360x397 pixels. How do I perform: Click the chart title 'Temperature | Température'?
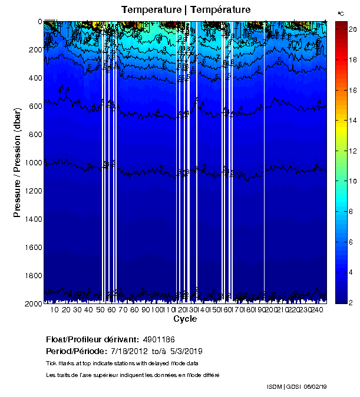coord(186,9)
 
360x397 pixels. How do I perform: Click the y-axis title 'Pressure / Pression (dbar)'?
coord(18,162)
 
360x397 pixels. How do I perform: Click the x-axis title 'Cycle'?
coord(185,319)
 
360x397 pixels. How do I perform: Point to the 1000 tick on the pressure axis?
coord(33,162)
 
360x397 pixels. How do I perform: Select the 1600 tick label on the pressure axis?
coord(33,247)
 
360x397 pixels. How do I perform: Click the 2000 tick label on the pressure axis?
coord(33,303)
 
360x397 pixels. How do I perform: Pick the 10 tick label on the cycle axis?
coord(54,310)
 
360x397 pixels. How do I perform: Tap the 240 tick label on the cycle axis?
coord(316,310)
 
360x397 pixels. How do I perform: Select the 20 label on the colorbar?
coord(350,29)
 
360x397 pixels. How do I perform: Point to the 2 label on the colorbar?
coord(350,303)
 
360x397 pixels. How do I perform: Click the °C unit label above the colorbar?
coord(341,13)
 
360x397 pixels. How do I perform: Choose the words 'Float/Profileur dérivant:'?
coord(93,339)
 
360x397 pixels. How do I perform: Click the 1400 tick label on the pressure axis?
coord(33,219)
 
